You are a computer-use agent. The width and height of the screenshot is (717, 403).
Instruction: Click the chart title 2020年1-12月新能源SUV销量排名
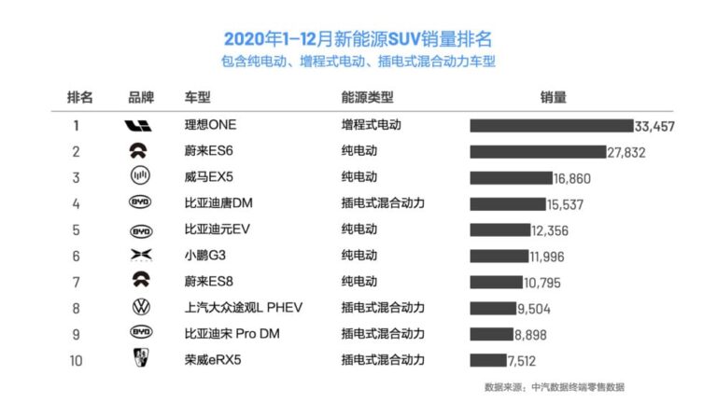click(x=358, y=39)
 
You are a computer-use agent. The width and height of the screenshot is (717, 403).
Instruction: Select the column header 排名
click(x=80, y=97)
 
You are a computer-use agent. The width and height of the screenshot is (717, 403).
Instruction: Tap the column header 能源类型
click(x=367, y=97)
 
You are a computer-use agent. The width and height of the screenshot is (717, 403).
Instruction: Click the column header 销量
click(x=553, y=97)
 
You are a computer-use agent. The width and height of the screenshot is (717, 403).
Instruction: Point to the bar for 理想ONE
click(x=551, y=126)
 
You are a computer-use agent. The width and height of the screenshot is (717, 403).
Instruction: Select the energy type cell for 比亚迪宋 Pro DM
click(x=382, y=333)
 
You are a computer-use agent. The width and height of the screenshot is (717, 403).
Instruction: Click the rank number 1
click(x=77, y=125)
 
